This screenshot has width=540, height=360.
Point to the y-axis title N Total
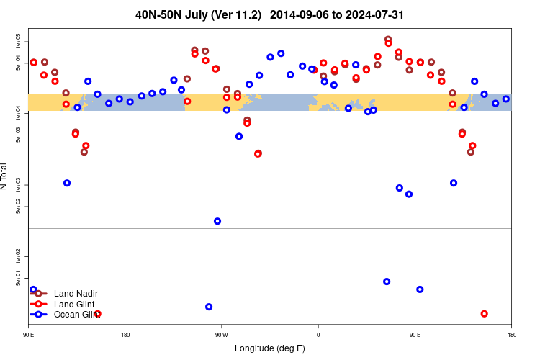click(6, 176)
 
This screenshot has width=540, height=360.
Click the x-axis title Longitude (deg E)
click(270, 348)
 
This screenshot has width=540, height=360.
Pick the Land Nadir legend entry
click(76, 293)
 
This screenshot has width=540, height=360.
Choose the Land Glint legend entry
click(74, 304)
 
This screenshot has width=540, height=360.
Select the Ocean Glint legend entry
click(76, 315)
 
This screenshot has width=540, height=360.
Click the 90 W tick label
click(221, 335)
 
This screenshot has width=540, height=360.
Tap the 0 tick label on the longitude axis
click(318, 335)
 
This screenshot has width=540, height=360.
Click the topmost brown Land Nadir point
click(388, 40)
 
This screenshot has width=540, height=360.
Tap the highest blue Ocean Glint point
click(281, 53)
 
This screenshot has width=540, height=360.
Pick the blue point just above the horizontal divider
click(217, 221)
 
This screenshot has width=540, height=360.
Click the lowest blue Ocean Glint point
click(209, 307)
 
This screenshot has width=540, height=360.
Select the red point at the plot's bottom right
click(484, 314)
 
